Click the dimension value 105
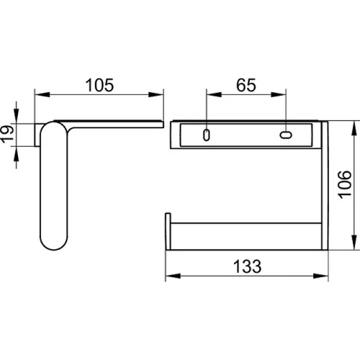click(99, 85)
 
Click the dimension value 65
click(246, 85)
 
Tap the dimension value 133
click(247, 266)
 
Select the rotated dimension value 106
click(345, 184)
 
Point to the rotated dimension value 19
click(7, 134)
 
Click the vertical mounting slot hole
click(206, 135)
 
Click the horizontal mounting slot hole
click(286, 135)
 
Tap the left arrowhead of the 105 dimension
click(42, 94)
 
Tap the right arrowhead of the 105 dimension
click(156, 94)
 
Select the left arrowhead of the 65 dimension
click(214, 94)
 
